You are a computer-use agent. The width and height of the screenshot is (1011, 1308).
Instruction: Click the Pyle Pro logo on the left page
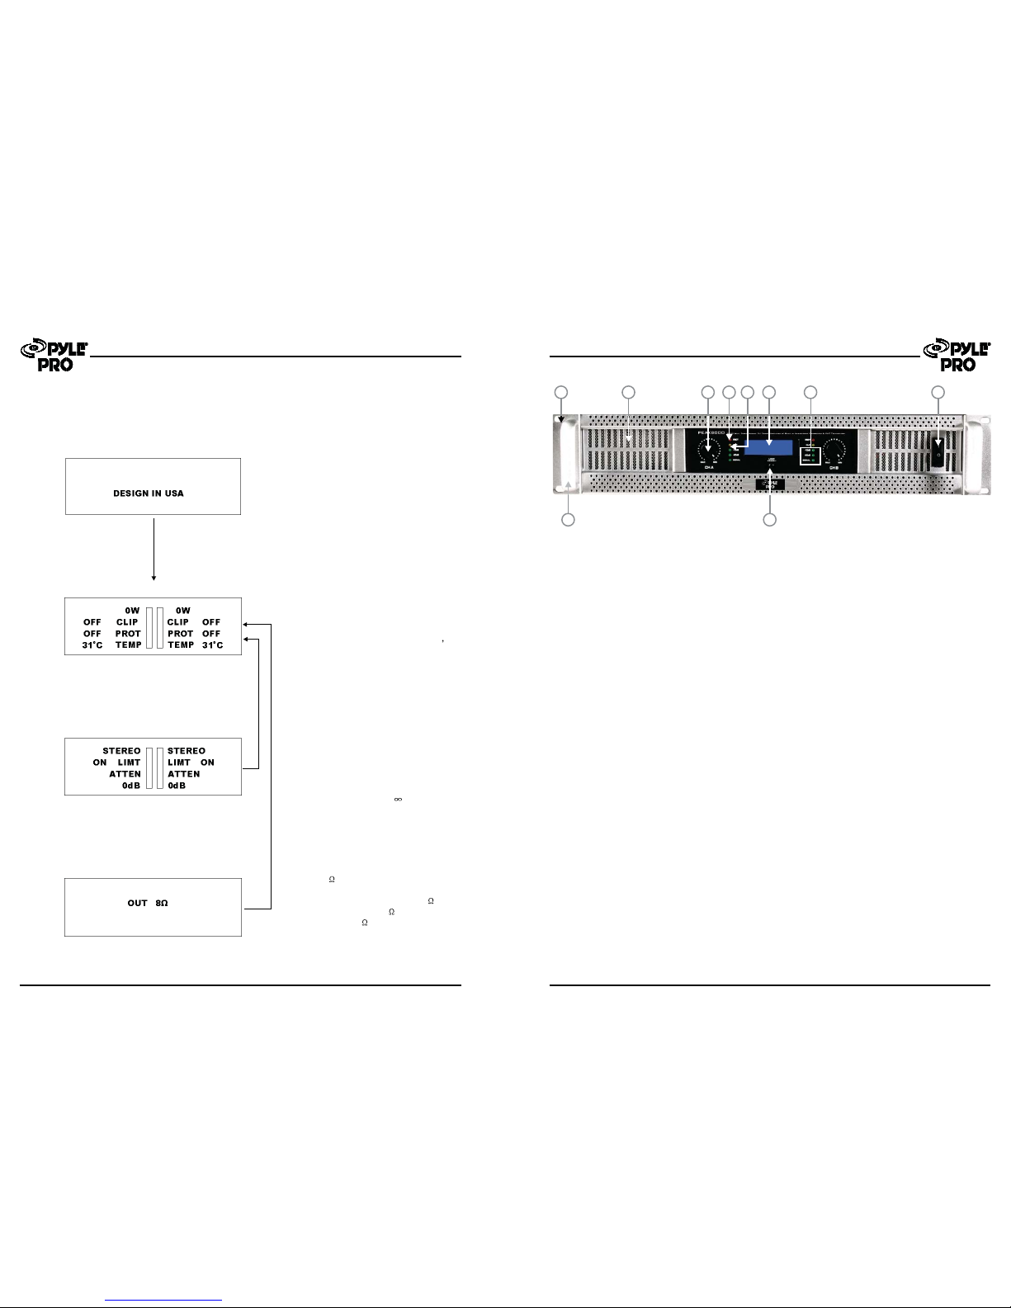54,356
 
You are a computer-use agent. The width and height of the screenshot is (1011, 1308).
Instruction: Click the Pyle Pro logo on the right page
957,356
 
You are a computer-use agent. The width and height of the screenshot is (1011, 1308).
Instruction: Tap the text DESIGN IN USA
149,493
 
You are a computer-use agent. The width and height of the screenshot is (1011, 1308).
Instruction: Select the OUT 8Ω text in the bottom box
148,904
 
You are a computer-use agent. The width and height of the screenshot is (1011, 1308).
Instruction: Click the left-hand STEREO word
121,751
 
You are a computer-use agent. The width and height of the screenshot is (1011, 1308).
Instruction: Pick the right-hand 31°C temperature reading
213,645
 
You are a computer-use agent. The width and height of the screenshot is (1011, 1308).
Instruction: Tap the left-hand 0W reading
132,611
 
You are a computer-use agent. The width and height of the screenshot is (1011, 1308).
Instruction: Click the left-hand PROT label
128,634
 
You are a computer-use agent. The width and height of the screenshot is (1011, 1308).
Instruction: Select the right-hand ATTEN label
184,774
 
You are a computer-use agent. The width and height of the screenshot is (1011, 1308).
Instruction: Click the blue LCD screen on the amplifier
769,447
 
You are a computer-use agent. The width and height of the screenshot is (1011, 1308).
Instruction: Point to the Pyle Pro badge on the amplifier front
770,485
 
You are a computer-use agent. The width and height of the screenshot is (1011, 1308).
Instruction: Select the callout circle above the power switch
938,393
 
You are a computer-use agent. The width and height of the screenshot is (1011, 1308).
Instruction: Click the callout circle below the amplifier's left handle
568,520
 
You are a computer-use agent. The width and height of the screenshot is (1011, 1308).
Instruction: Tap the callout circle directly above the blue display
769,393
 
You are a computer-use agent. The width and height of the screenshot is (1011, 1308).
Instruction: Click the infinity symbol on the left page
398,799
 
